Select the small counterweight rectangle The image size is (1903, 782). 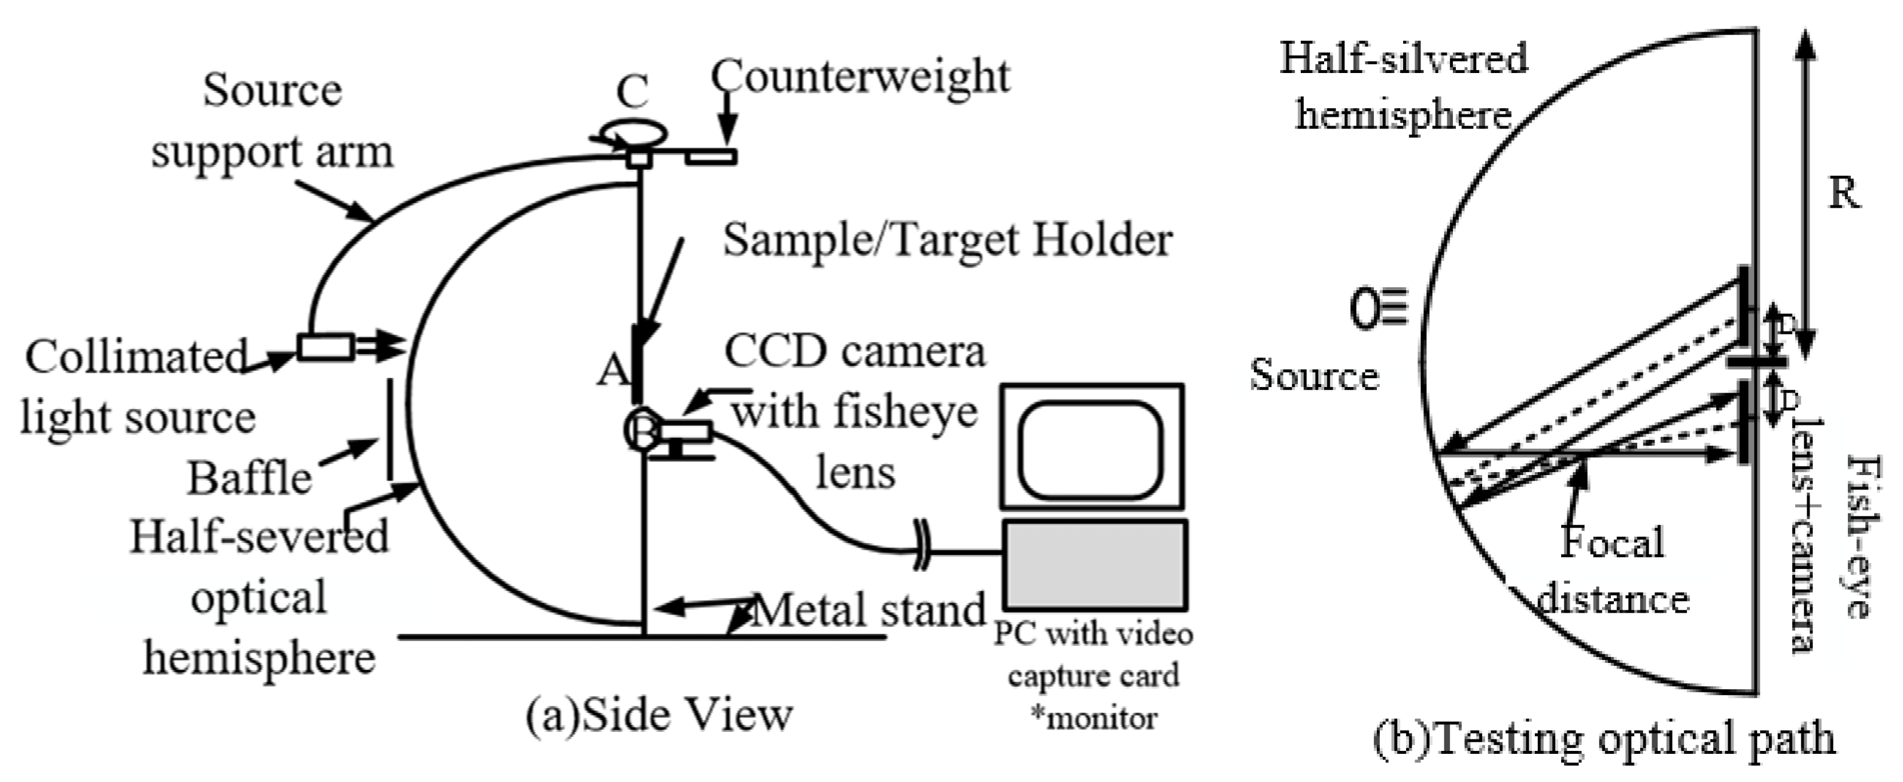[x=711, y=157]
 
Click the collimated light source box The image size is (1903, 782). [x=325, y=347]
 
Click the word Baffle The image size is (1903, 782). [x=249, y=478]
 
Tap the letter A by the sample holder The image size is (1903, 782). [x=612, y=369]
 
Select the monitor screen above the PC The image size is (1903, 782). [x=1091, y=448]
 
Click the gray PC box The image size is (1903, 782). [x=1093, y=565]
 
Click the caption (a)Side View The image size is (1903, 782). [x=659, y=715]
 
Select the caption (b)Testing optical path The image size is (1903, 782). [x=1603, y=739]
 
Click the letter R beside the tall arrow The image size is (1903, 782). [x=1844, y=193]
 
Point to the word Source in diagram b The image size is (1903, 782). [x=1313, y=375]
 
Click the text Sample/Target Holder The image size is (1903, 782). [x=947, y=240]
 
